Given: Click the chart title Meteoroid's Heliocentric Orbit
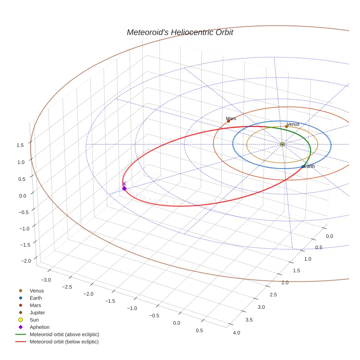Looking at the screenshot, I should pos(180,32).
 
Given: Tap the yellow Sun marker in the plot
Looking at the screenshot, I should pos(282,144).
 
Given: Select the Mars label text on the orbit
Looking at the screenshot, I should pos(231,119).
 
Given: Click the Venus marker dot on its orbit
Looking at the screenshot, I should pos(286,127).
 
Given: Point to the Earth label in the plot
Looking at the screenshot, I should pos(309,166).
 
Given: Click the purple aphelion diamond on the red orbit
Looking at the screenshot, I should pos(124,188).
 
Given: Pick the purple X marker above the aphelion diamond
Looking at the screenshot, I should pos(124,183).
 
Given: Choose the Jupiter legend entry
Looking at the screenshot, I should pos(37,312).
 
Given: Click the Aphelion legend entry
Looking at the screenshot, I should pos(39,327).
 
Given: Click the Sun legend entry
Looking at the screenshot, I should pos(34,320).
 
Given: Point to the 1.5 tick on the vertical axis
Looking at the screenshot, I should pos(20,145).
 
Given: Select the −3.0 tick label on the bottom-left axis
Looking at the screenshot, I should pos(46,280).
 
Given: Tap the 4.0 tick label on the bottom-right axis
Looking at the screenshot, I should pos(236,333).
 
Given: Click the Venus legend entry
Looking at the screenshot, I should pos(37,290).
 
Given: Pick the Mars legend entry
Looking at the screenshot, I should pos(35,305).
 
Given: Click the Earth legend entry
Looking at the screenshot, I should pos(35,298).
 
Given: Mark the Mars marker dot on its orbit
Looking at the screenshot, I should pos(228,121).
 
